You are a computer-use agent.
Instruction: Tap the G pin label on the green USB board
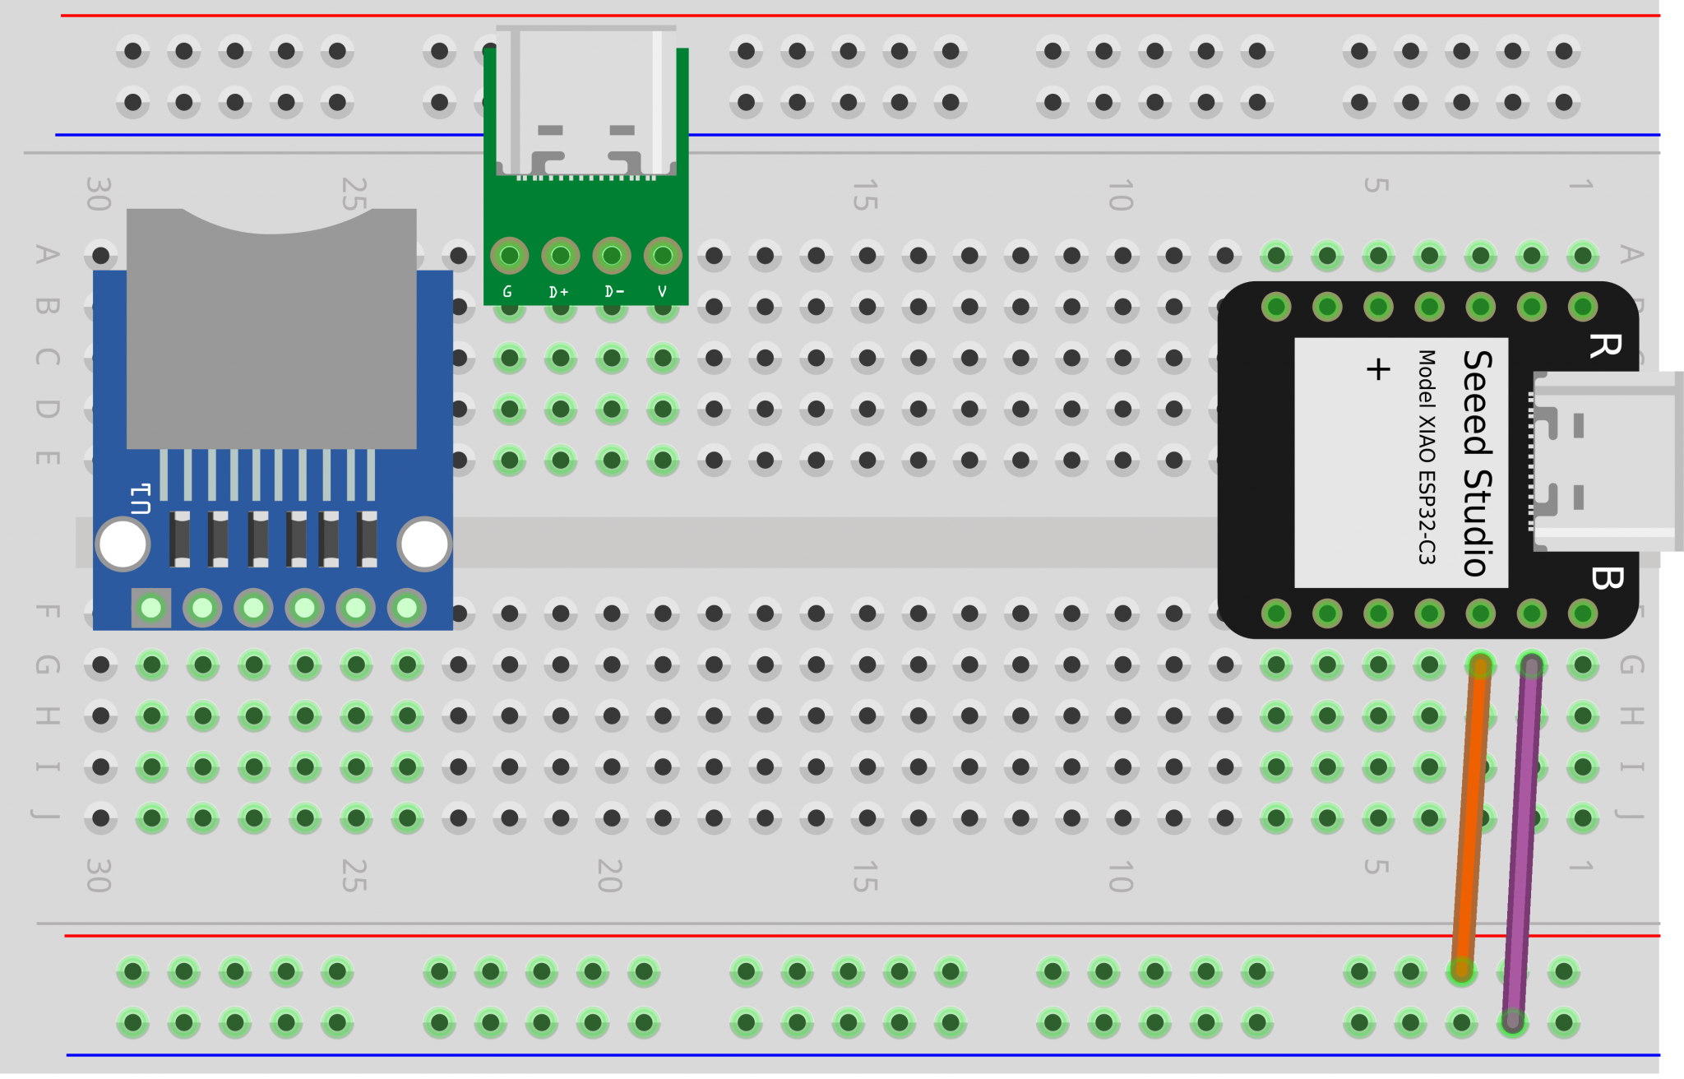coord(507,292)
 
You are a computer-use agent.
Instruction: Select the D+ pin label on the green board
coord(559,292)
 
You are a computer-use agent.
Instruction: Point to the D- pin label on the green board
coord(613,292)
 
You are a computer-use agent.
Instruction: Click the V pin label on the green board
coord(662,292)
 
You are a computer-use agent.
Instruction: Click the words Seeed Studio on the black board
coord(1478,463)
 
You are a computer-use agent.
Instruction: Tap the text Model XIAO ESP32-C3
coord(1427,457)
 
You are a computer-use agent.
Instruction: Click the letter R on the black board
coord(1604,345)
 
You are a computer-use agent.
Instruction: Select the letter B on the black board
coord(1607,578)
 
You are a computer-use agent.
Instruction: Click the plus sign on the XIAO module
coord(1378,369)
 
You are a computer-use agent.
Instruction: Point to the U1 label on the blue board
coord(141,498)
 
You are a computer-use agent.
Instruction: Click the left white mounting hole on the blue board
coord(123,544)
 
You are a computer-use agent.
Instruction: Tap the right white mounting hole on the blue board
coord(424,544)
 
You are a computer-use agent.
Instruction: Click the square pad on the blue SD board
coord(151,609)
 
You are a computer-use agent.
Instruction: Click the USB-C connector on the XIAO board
coord(1603,461)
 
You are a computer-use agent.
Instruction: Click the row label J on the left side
coord(46,815)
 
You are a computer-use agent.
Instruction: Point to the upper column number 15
coord(865,195)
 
